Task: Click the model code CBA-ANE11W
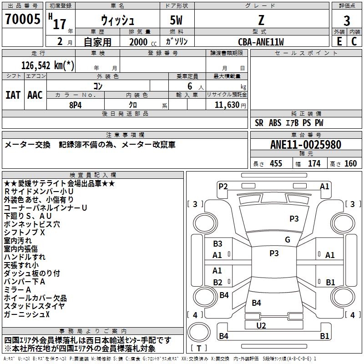click(x=261, y=42)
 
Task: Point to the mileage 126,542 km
click(x=48, y=65)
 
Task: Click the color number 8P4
click(x=76, y=105)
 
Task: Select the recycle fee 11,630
click(x=226, y=105)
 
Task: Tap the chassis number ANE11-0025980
click(x=305, y=145)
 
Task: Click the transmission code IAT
click(x=13, y=95)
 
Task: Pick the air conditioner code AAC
click(x=35, y=95)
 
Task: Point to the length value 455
click(x=276, y=163)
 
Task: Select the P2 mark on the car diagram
click(x=223, y=186)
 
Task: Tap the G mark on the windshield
click(x=288, y=240)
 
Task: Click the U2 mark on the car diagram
click(x=261, y=325)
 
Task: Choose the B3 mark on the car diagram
click(x=217, y=244)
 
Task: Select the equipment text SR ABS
click(x=268, y=122)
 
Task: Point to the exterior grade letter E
click(x=339, y=41)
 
